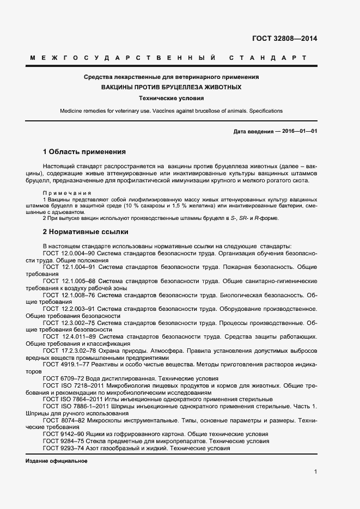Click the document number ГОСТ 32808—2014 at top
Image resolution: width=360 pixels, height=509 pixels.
(x=284, y=39)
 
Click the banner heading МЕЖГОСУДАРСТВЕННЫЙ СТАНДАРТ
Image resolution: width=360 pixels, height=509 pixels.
(x=168, y=58)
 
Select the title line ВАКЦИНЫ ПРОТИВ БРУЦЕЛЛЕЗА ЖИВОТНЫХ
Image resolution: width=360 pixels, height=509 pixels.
(x=172, y=87)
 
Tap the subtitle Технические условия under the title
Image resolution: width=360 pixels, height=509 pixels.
(x=172, y=99)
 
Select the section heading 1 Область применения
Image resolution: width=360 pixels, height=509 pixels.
(x=84, y=151)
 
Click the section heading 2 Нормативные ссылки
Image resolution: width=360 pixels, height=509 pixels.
(x=86, y=232)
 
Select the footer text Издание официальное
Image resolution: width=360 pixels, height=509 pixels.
(x=57, y=461)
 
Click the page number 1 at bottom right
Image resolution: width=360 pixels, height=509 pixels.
(x=315, y=471)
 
